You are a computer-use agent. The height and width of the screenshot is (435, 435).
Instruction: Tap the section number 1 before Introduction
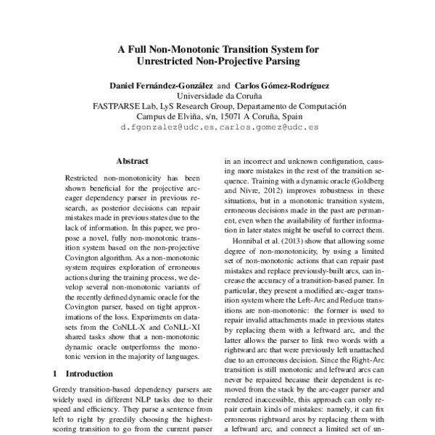(57, 374)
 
